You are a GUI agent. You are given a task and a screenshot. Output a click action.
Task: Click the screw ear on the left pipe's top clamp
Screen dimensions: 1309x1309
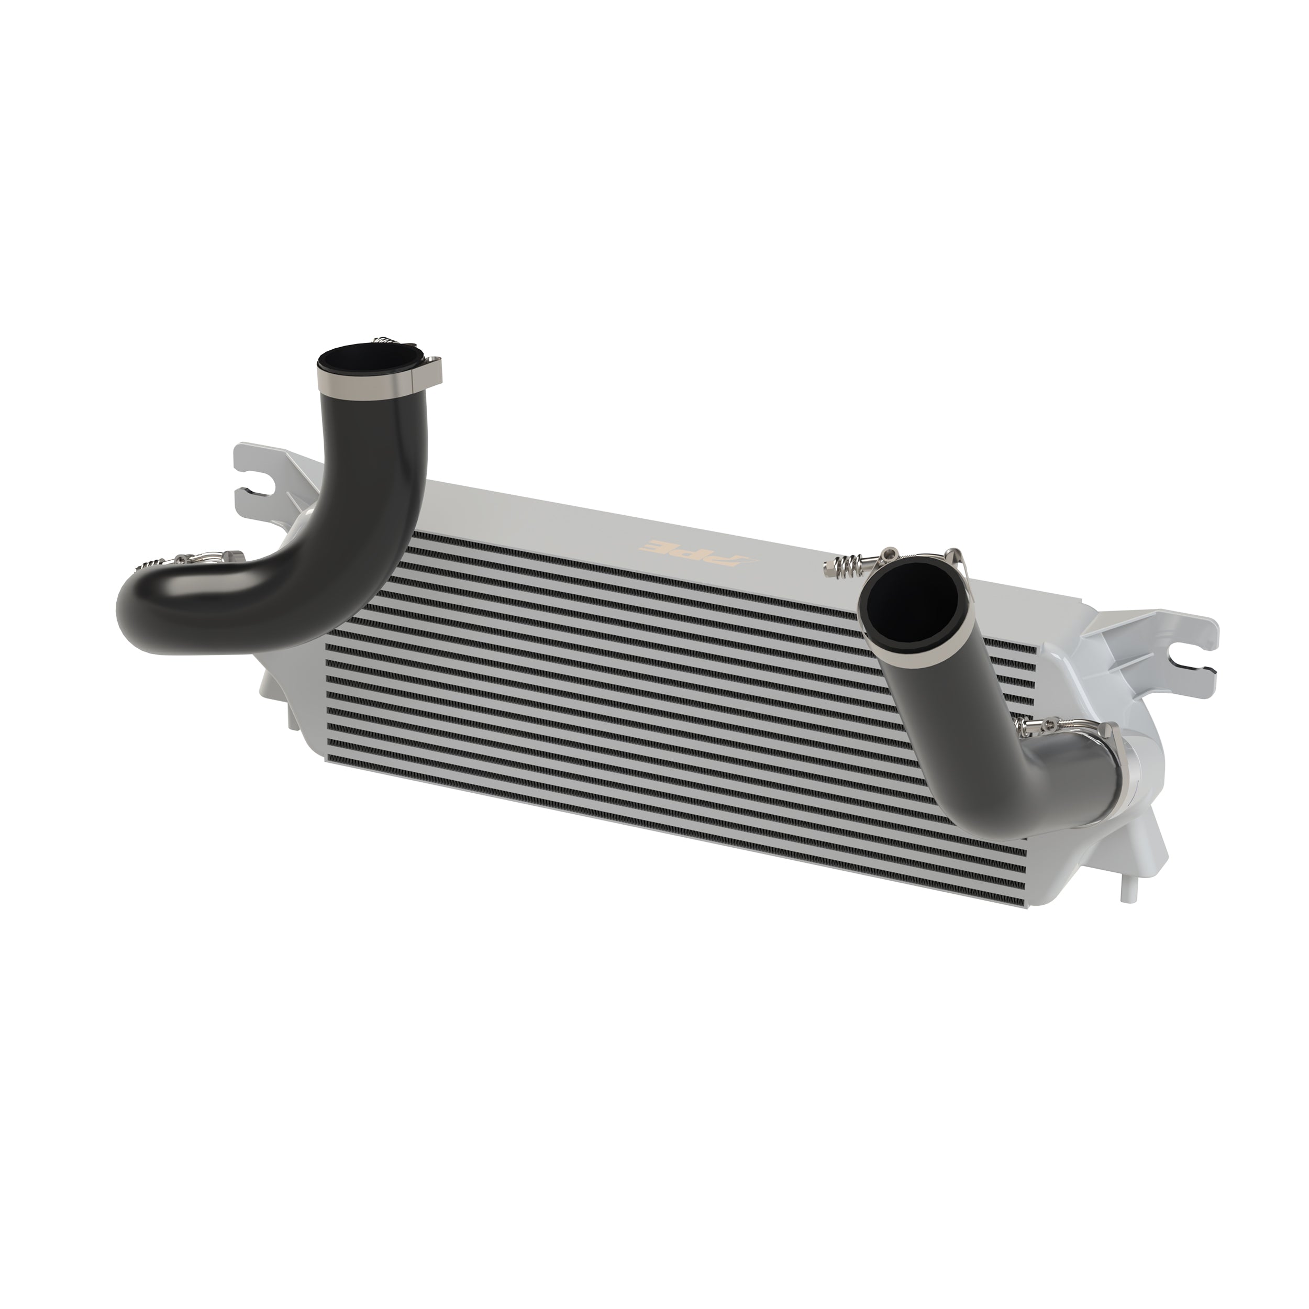coord(431,367)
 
